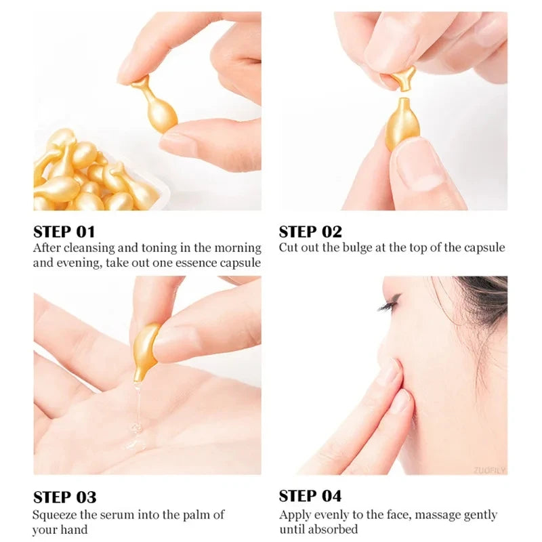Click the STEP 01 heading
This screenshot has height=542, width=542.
click(x=64, y=231)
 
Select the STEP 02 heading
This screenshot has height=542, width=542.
click(x=310, y=231)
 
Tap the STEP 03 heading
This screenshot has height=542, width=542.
click(x=64, y=497)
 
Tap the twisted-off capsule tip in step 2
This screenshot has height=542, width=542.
click(x=404, y=77)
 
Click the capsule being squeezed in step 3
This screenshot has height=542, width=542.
click(x=147, y=347)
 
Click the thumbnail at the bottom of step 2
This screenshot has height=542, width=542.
click(x=420, y=173)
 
